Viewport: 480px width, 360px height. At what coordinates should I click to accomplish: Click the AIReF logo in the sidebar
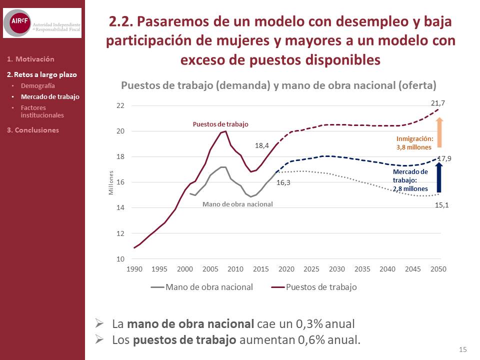pyautogui.click(x=42, y=22)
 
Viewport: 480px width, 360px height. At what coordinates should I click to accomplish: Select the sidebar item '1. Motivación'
pyautogui.click(x=30, y=59)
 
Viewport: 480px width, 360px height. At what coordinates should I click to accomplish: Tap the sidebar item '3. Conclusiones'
pyautogui.click(x=33, y=130)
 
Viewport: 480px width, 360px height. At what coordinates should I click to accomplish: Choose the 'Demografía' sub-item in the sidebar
pyautogui.click(x=38, y=85)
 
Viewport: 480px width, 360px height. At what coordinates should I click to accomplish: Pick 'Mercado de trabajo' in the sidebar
pyautogui.click(x=50, y=96)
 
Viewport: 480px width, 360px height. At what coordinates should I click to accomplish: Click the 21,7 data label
pyautogui.click(x=438, y=103)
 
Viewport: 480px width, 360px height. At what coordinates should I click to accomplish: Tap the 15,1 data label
pyautogui.click(x=441, y=205)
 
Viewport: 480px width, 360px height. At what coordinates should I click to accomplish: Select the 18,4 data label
pyautogui.click(x=262, y=145)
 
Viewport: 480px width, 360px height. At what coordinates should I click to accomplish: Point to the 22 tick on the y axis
pyautogui.click(x=120, y=106)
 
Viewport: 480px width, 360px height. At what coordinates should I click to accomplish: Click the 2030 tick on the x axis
pyautogui.click(x=336, y=269)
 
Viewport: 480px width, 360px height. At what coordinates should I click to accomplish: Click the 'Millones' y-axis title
pyautogui.click(x=111, y=182)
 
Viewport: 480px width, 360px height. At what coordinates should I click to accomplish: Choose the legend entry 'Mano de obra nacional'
pyautogui.click(x=209, y=287)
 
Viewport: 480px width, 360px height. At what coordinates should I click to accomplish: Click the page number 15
pyautogui.click(x=462, y=349)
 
